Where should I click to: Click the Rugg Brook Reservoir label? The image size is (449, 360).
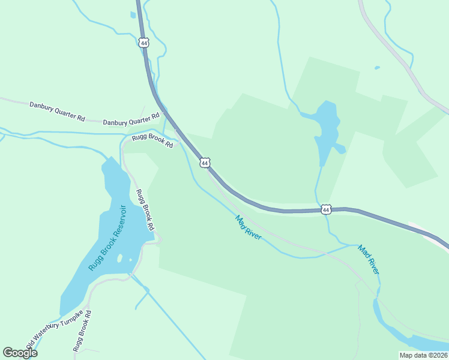(x=107, y=238)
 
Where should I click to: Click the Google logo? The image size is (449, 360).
(x=20, y=353)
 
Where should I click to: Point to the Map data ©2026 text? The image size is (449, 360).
(x=423, y=355)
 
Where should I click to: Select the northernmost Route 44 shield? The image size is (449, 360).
(x=143, y=43)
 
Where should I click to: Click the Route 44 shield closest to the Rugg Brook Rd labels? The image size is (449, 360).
(x=205, y=163)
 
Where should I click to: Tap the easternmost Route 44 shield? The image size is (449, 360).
(x=326, y=209)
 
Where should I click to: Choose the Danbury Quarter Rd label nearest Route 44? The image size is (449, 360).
(x=131, y=119)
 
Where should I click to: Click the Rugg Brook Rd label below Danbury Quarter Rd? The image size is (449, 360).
(x=152, y=142)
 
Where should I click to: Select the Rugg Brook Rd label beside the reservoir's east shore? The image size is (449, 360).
(x=145, y=210)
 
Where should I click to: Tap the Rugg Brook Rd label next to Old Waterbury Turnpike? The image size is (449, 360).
(x=82, y=331)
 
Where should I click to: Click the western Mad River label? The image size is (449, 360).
(x=249, y=228)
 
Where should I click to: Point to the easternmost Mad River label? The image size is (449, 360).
(x=369, y=259)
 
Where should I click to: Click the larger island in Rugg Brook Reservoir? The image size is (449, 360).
(x=119, y=259)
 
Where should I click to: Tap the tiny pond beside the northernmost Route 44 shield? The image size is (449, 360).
(x=133, y=15)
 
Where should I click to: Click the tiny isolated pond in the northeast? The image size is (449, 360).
(x=377, y=68)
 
